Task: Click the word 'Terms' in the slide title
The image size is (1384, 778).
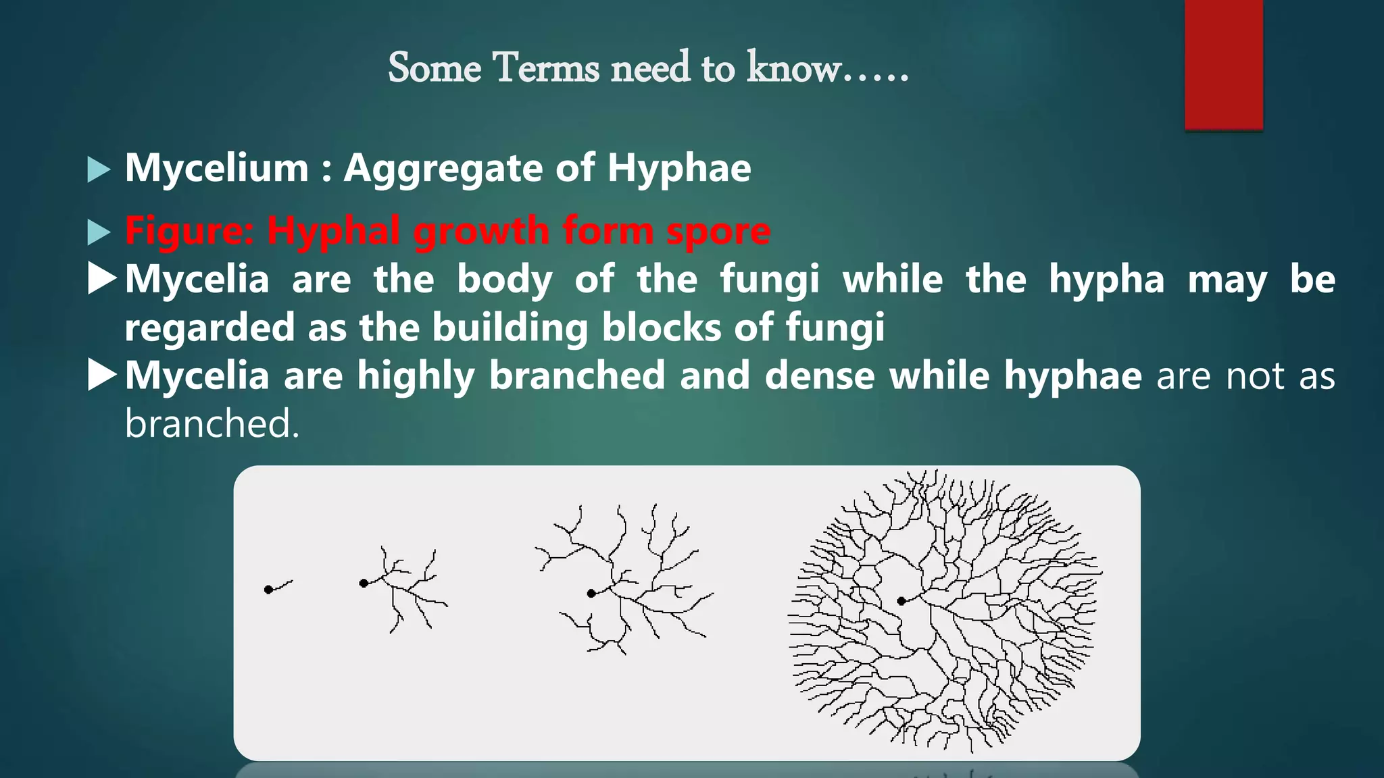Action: click(x=546, y=68)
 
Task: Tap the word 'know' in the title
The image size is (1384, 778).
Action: click(x=793, y=68)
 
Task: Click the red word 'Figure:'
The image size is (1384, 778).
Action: click(x=189, y=230)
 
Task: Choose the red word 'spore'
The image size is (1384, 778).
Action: click(x=718, y=232)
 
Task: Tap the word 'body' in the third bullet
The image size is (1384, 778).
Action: click(x=504, y=279)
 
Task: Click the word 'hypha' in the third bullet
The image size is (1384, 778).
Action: click(x=1107, y=279)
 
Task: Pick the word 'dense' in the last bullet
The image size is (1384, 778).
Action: click(x=820, y=375)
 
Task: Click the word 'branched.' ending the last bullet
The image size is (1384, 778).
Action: click(x=212, y=424)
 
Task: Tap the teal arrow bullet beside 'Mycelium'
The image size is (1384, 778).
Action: click(x=99, y=170)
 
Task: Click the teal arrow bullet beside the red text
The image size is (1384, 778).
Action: click(x=99, y=232)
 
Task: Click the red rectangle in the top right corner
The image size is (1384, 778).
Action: click(x=1223, y=64)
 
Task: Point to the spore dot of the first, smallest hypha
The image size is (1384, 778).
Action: click(x=268, y=590)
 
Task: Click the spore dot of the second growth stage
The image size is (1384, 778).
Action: click(x=364, y=583)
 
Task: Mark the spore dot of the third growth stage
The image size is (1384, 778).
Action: click(x=591, y=594)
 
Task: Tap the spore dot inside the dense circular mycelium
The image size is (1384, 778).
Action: click(x=901, y=601)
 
